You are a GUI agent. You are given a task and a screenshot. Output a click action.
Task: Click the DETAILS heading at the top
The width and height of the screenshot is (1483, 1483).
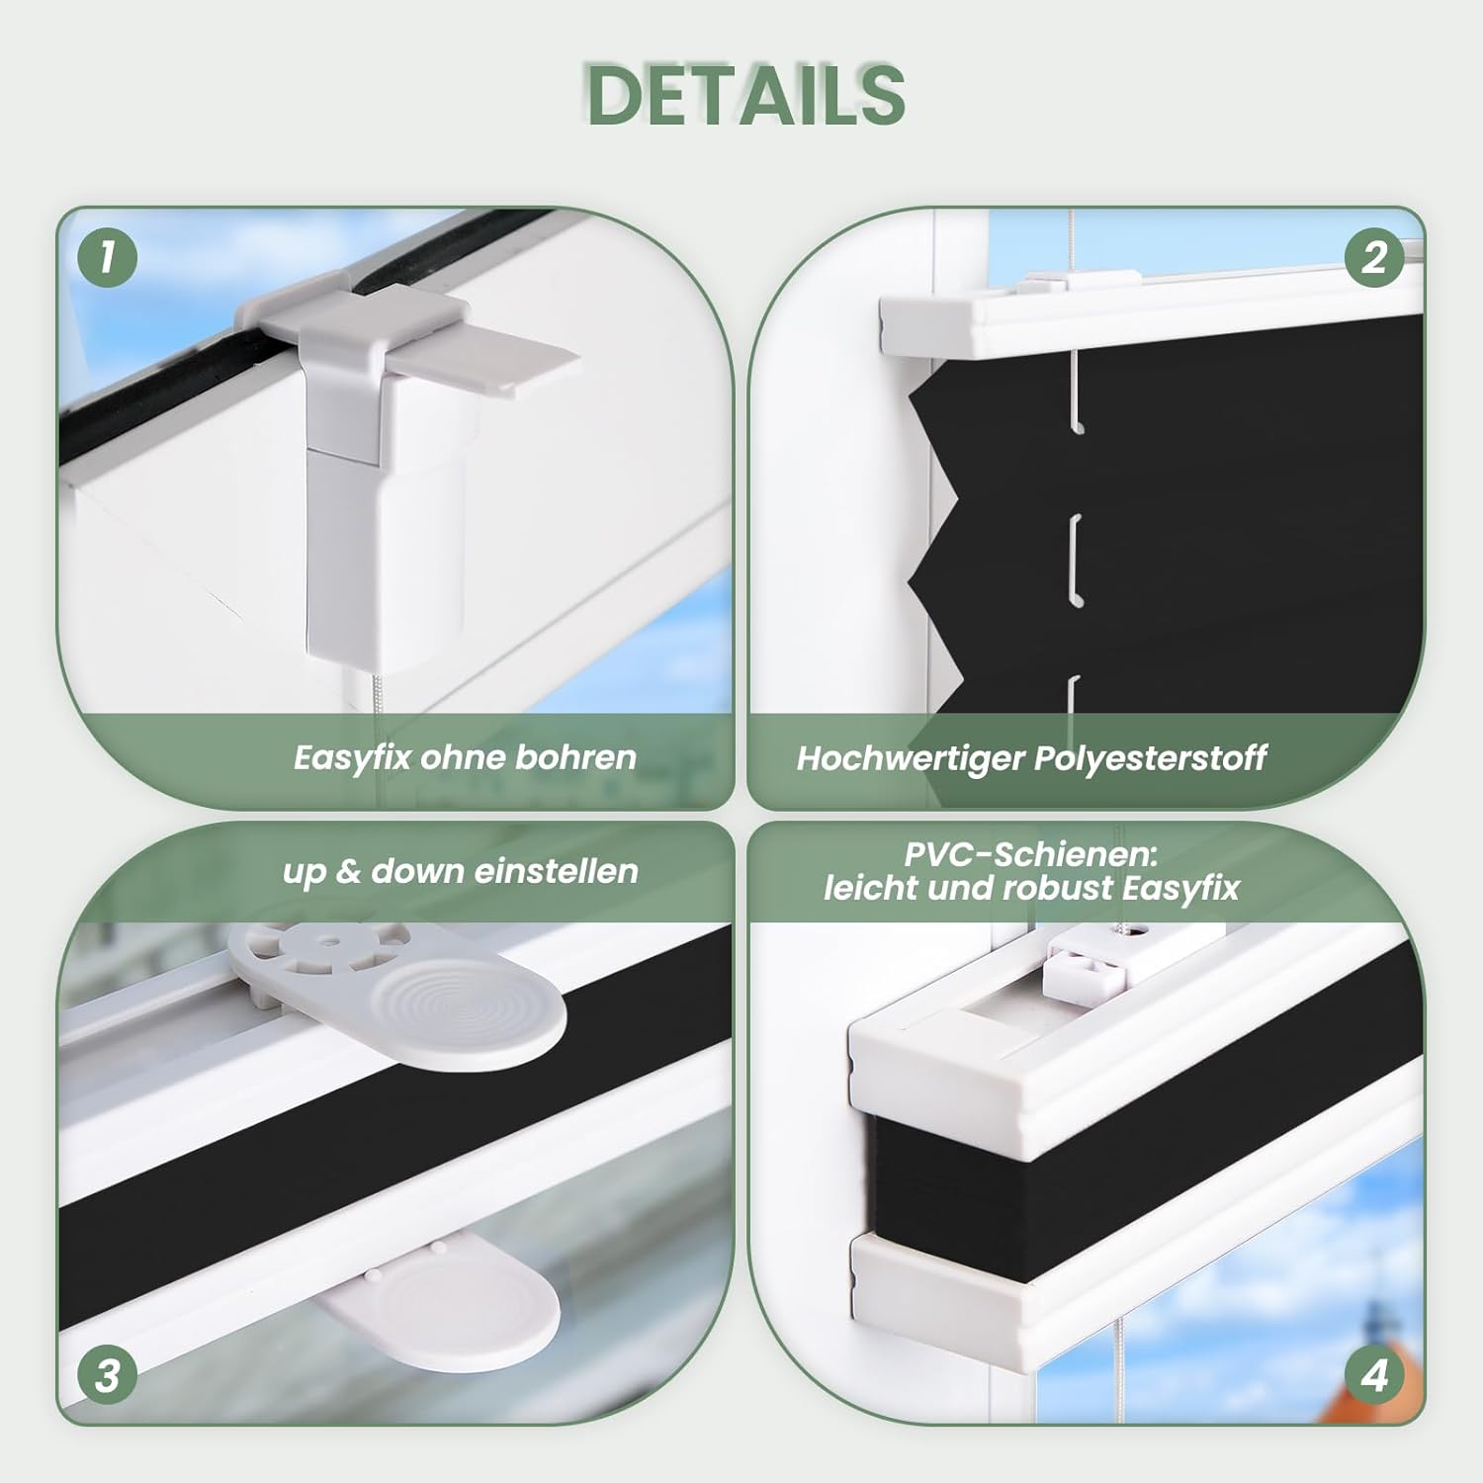(746, 95)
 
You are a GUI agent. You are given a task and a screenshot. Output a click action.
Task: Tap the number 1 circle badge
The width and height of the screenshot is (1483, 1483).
(107, 257)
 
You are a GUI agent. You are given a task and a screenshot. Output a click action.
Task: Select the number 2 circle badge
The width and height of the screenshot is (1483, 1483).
(1374, 257)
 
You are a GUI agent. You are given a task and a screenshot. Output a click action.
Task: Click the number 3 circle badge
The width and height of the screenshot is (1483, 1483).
(107, 1375)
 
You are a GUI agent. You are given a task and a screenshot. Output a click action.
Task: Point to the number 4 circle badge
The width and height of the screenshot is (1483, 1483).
(1374, 1375)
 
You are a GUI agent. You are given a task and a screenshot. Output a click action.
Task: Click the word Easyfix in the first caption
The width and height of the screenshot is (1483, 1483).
(351, 758)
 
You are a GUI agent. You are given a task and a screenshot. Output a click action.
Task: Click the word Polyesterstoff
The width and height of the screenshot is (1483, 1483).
(1150, 758)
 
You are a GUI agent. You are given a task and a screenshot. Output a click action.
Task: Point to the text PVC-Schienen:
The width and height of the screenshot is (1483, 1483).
(1030, 854)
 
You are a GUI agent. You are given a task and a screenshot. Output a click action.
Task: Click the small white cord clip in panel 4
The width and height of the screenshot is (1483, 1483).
(1086, 970)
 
